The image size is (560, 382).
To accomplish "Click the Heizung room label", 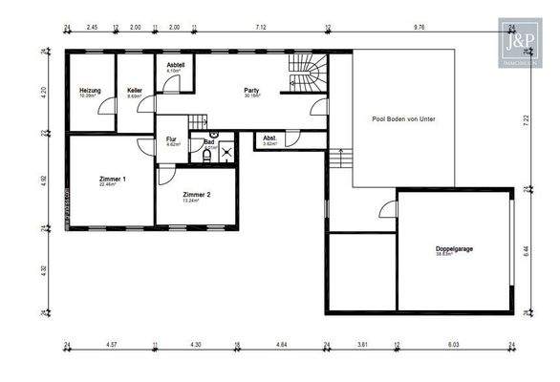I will pos(89,91).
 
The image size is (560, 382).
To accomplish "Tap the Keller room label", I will pos(135,91).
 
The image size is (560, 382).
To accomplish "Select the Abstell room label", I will pos(174,66).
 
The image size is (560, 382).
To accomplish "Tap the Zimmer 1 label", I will pos(112,180).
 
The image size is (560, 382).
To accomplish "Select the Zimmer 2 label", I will pos(195,195).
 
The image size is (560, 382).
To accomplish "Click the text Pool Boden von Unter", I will pos(403,119).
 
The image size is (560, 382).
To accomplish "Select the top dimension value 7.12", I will pos(261,29).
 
